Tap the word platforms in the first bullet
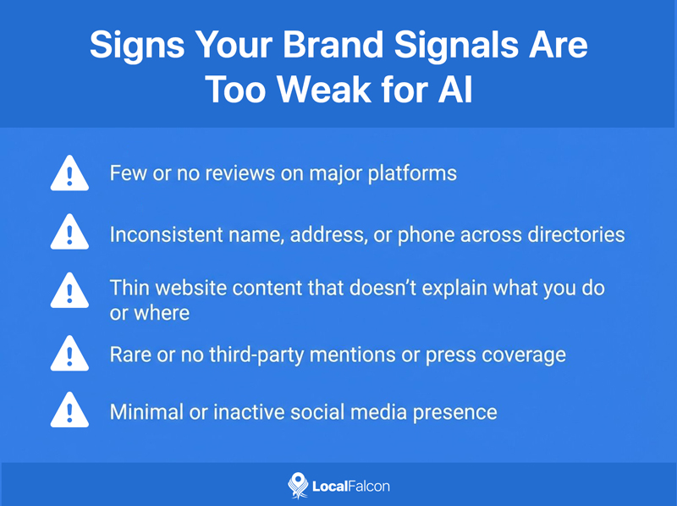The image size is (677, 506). click(416, 174)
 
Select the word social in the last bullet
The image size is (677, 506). click(306, 412)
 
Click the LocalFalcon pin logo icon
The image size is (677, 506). click(297, 485)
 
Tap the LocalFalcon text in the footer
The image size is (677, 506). click(351, 486)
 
